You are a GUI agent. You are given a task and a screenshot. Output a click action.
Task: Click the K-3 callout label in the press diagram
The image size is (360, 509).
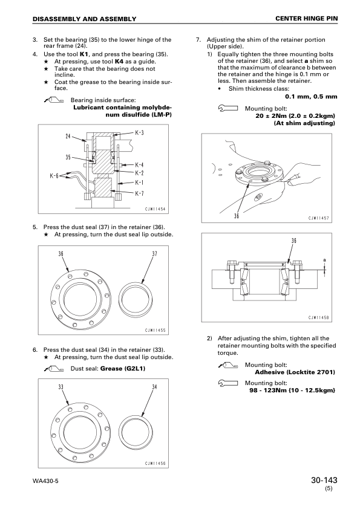point(139,132)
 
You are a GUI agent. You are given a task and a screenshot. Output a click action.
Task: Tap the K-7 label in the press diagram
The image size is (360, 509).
point(139,193)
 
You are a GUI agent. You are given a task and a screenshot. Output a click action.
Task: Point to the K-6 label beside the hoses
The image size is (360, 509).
point(54,176)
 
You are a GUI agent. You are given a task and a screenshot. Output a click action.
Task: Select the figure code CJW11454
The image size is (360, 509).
point(155,209)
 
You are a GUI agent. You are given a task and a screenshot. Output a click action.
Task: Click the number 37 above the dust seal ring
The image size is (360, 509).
point(155,254)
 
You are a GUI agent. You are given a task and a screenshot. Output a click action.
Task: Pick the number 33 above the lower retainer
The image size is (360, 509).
point(61,387)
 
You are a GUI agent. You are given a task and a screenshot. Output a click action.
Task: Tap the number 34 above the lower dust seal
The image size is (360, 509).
point(155,387)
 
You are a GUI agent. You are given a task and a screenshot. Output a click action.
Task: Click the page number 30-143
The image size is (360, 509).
point(324,480)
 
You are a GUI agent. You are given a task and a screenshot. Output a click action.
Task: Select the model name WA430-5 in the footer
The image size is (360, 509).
point(45,481)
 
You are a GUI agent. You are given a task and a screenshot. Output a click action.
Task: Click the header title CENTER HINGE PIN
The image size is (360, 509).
point(306,19)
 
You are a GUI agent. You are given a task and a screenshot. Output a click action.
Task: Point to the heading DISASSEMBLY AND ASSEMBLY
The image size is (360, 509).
point(85,19)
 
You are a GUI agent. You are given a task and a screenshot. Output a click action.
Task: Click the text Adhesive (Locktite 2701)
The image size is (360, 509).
point(295,372)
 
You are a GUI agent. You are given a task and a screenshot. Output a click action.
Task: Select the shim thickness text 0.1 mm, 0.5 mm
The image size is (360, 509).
point(311,96)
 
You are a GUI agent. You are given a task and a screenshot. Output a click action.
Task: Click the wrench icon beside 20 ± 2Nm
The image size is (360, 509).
point(227,108)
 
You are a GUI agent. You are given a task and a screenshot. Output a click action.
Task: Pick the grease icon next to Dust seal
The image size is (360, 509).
point(54,369)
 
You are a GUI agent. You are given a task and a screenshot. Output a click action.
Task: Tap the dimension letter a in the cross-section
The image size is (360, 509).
point(324,260)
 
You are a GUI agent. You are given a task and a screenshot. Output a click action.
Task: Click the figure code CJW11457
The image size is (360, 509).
point(319,218)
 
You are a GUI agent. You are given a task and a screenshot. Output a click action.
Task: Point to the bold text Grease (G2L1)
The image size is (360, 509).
point(123,368)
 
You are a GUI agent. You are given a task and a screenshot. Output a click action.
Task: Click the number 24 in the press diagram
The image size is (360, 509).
point(68,137)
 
